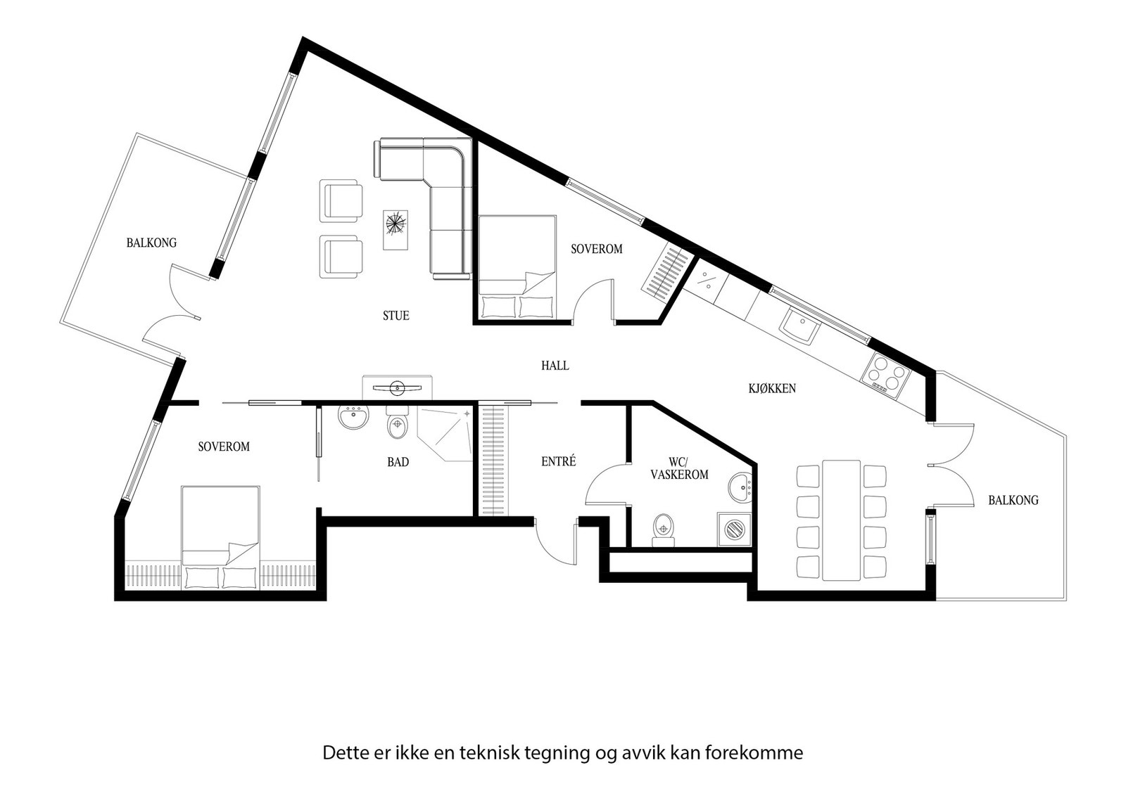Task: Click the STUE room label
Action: pyautogui.click(x=396, y=316)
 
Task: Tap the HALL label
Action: pyautogui.click(x=555, y=366)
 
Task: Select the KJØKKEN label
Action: pyautogui.click(x=771, y=388)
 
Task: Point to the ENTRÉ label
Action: pyautogui.click(x=558, y=461)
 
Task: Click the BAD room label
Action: pyautogui.click(x=398, y=462)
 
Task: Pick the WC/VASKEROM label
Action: pyautogui.click(x=679, y=468)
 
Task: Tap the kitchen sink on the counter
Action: pyautogui.click(x=799, y=326)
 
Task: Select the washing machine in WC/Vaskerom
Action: pyautogui.click(x=735, y=529)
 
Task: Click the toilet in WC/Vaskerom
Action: pyautogui.click(x=664, y=530)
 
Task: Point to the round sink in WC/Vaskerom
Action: pyautogui.click(x=740, y=486)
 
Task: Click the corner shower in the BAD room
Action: pyautogui.click(x=445, y=435)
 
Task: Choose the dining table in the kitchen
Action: pyautogui.click(x=842, y=520)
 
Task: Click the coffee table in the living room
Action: pyautogui.click(x=396, y=229)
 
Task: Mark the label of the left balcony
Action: pyautogui.click(x=151, y=243)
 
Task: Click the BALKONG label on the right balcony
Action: pyautogui.click(x=1013, y=500)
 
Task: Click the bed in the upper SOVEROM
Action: pyautogui.click(x=517, y=267)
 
